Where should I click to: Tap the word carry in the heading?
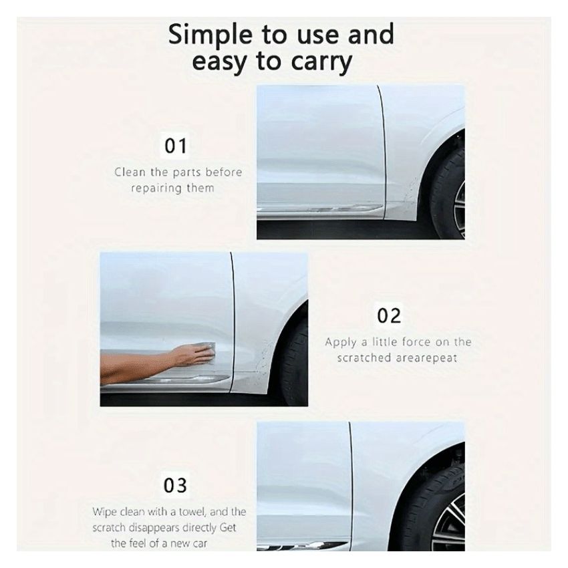[x=317, y=62]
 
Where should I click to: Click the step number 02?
[x=389, y=315]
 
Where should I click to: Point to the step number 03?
[x=176, y=484]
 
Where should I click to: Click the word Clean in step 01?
[x=127, y=172]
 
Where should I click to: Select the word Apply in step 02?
[x=341, y=342]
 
